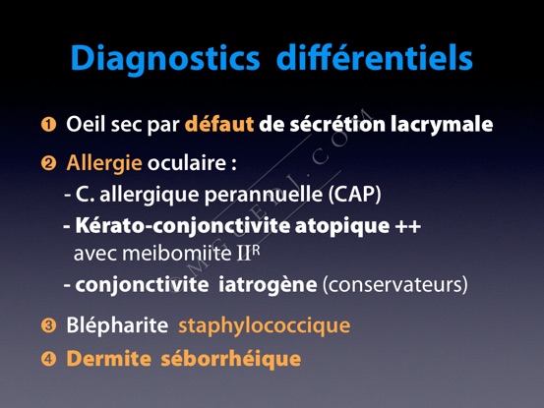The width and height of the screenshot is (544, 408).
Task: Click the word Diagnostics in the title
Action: coord(165,59)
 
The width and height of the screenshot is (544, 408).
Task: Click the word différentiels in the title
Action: coord(375,57)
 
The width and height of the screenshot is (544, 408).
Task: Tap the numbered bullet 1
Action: coord(48,125)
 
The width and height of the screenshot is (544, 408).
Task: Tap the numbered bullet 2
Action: coord(48,162)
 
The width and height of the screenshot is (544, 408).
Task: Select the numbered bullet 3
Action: coord(48,325)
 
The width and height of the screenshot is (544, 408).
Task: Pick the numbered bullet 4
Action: coord(48,359)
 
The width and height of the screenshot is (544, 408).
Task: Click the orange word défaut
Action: coord(219,124)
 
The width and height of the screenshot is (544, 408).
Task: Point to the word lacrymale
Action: coord(442,125)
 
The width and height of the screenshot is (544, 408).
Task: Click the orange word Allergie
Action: coord(104,163)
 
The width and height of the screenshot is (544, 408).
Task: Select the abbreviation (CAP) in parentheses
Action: coord(355,195)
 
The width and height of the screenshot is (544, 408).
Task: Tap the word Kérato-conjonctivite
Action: coord(183,226)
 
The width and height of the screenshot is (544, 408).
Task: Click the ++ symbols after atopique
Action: coord(408,226)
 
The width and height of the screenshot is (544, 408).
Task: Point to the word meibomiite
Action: coord(177,254)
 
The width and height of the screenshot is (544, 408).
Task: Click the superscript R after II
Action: coord(256,251)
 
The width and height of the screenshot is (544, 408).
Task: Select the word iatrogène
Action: coord(268,285)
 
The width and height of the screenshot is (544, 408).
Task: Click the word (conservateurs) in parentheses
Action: coord(395,285)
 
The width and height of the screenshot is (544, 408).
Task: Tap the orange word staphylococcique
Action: coord(265,326)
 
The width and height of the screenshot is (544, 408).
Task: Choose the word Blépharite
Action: coord(117,326)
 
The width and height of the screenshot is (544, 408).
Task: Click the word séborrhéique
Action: coord(231,359)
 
